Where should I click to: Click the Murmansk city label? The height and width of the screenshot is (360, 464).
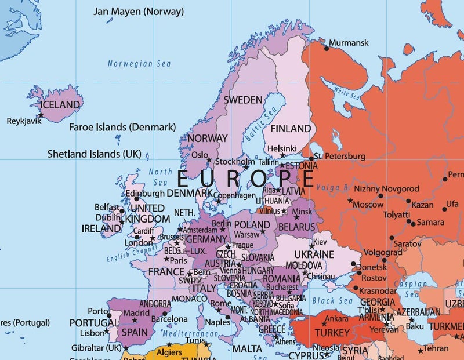pyautogui.click(x=349, y=43)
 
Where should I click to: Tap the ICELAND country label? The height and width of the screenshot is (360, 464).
pyautogui.click(x=60, y=105)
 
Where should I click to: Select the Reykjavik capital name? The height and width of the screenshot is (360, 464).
pyautogui.click(x=25, y=121)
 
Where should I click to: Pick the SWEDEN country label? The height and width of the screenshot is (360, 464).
pyautogui.click(x=243, y=100)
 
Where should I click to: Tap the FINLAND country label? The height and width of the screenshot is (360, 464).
pyautogui.click(x=291, y=128)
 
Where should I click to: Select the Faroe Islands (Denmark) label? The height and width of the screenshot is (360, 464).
pyautogui.click(x=122, y=127)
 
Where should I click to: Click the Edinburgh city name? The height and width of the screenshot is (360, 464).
pyautogui.click(x=145, y=194)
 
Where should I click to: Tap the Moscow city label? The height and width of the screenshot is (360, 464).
pyautogui.click(x=368, y=205)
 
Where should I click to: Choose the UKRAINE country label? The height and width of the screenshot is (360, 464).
pyautogui.click(x=314, y=254)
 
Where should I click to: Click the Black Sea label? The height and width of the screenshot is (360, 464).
pyautogui.click(x=332, y=301)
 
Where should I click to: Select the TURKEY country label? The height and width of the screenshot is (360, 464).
pyautogui.click(x=332, y=333)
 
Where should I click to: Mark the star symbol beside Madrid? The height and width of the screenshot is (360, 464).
pyautogui.click(x=135, y=321)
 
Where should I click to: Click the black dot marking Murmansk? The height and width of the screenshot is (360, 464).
pyautogui.click(x=327, y=49)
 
